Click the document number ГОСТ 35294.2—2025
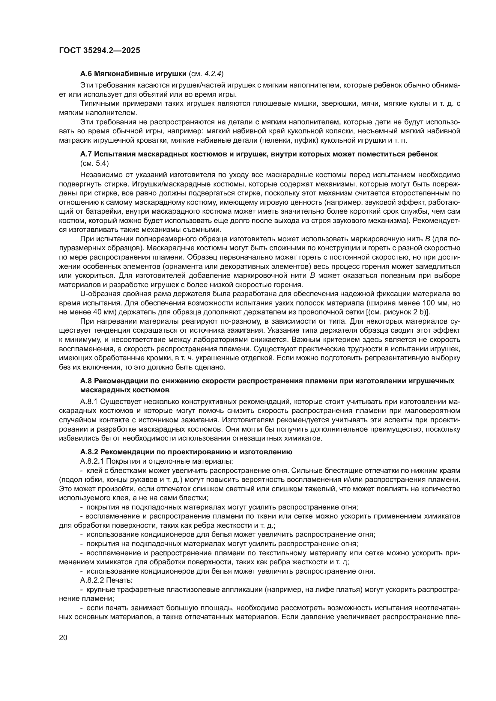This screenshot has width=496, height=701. coord(100,50)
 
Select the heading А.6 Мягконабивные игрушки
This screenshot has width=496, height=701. coord(133,74)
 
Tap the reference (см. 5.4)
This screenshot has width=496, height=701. coord(94,163)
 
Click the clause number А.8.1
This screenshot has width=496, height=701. coord(89,402)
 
